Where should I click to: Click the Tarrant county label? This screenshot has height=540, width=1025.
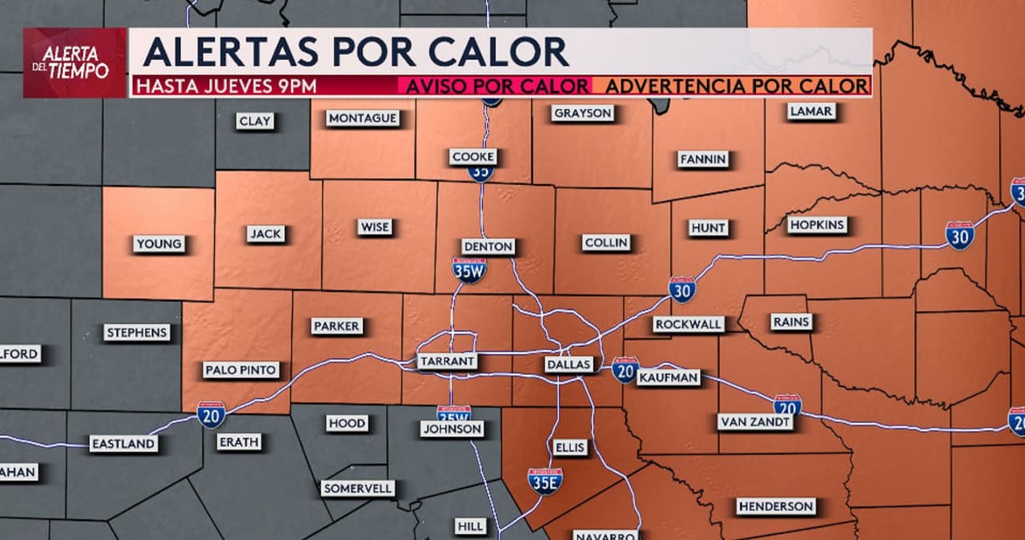tap(447, 361)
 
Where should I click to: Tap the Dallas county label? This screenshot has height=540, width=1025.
tap(569, 365)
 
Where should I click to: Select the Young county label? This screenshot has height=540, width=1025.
tap(159, 244)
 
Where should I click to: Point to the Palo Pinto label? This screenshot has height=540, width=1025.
tap(241, 370)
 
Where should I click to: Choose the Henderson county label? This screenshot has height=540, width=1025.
tap(776, 506)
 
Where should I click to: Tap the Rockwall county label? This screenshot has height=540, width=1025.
tap(689, 324)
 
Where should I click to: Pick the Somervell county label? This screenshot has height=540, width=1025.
tap(358, 488)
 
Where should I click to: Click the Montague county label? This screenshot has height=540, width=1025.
tap(363, 119)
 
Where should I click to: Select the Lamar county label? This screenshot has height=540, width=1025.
tap(810, 111)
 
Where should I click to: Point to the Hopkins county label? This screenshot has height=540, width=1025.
tap(817, 225)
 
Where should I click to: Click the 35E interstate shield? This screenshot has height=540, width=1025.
tap(545, 480)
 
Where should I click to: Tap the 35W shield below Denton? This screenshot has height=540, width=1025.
tap(468, 270)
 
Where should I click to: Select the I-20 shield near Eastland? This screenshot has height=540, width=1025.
tap(211, 414)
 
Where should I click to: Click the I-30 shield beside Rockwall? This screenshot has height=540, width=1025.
tap(682, 289)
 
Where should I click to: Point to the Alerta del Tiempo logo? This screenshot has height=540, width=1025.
tap(74, 62)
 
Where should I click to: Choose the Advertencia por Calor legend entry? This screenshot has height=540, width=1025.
tap(736, 87)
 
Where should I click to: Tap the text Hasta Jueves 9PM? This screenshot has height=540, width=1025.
tap(226, 87)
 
